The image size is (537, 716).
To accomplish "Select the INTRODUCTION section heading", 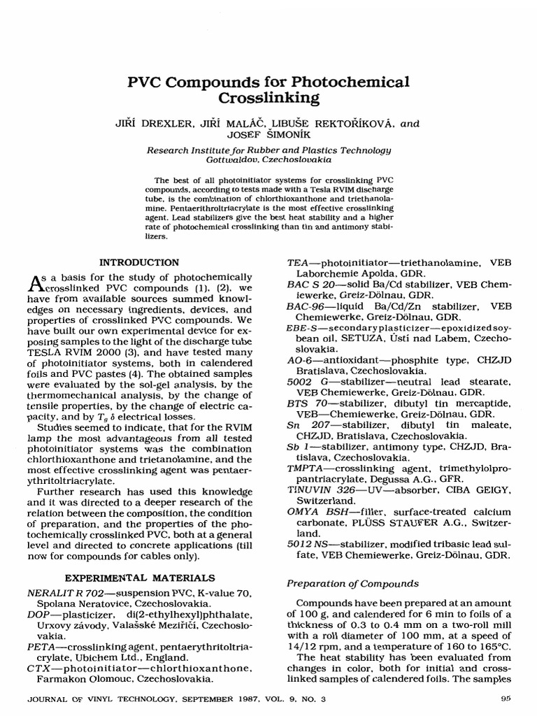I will coord(139,262).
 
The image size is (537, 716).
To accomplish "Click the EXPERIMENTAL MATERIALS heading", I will coord(140,578).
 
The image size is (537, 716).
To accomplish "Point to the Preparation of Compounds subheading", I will coord(353,583).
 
